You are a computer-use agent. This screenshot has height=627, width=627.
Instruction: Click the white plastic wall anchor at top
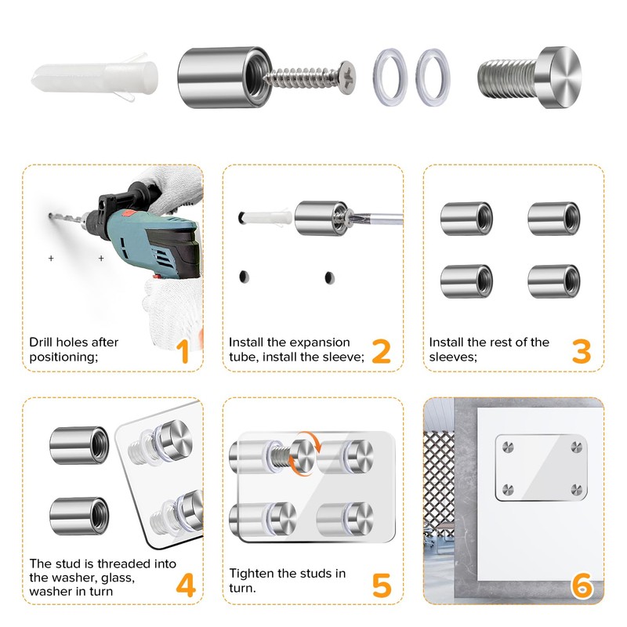pos(94,79)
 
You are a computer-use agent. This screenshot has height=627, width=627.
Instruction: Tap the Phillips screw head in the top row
pos(350,78)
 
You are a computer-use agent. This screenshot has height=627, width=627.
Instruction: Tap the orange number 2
pos(381,350)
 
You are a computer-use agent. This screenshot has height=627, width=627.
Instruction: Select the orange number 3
pos(581,350)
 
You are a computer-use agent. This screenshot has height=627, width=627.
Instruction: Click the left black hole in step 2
pos(245,276)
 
